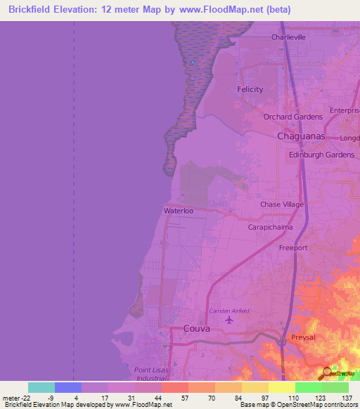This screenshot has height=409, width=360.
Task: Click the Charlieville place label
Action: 289,37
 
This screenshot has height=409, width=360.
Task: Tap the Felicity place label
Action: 250,89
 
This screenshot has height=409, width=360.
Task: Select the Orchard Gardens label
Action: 293,117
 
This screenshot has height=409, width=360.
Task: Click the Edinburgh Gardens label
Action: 322,155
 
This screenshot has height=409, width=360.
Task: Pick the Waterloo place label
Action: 179,210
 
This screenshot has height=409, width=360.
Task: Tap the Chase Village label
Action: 282,204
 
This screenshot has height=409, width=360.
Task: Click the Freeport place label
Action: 293,247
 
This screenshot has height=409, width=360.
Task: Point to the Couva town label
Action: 196,328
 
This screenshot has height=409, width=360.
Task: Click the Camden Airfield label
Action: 229,311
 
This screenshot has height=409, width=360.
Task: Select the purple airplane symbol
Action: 229,320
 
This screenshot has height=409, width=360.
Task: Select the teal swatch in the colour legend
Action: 41,387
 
